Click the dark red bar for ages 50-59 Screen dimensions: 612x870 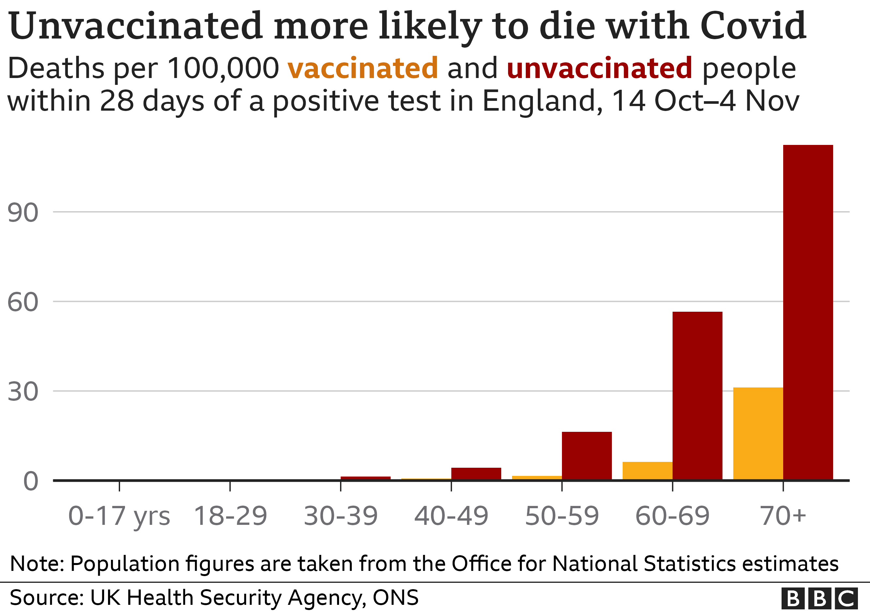click(x=586, y=456)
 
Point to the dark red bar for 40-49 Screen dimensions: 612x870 click(x=476, y=473)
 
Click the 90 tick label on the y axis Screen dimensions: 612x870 click(x=23, y=212)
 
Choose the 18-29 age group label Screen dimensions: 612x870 click(x=230, y=516)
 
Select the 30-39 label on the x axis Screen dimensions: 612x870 click(x=341, y=516)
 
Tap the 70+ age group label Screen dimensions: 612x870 click(x=783, y=516)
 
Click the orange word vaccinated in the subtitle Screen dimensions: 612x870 click(x=363, y=68)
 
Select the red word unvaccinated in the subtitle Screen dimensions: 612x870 click(x=599, y=68)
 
